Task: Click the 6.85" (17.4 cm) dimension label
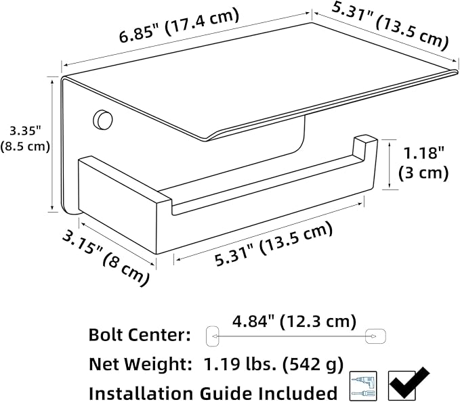[x=179, y=25]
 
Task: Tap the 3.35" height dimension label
[x=25, y=138]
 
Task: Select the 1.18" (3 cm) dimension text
[x=423, y=163]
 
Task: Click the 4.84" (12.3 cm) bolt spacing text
[x=294, y=322]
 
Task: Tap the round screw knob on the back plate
[x=103, y=119]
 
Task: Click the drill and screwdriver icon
[x=364, y=386]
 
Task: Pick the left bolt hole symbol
[x=213, y=336]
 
